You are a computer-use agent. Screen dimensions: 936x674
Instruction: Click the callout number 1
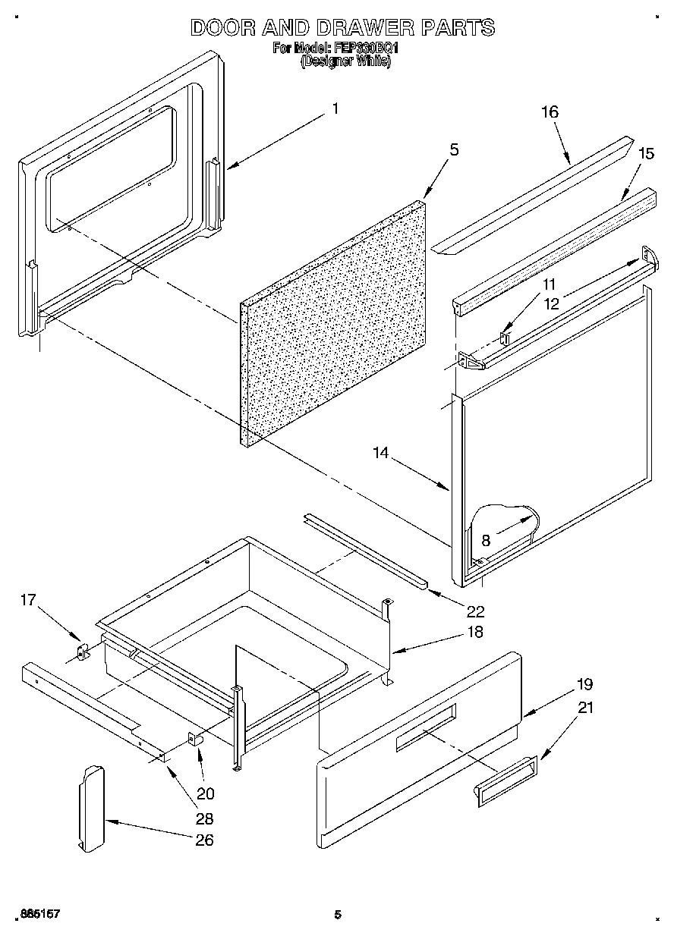(x=335, y=108)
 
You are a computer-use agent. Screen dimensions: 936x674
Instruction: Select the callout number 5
(x=453, y=149)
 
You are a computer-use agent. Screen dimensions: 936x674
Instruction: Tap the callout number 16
(x=550, y=112)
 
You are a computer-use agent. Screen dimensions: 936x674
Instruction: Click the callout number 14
(x=380, y=454)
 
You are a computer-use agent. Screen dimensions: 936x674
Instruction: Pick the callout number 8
(x=486, y=541)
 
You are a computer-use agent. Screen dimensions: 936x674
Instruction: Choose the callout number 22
(x=476, y=611)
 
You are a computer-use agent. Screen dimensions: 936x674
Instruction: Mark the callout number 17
(x=28, y=601)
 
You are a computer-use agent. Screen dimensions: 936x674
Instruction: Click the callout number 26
(x=204, y=840)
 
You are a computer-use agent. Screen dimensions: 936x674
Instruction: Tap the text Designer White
(x=345, y=62)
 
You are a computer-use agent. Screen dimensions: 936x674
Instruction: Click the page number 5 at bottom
(x=338, y=916)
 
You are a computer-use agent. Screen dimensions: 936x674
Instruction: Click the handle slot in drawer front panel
(x=426, y=727)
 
